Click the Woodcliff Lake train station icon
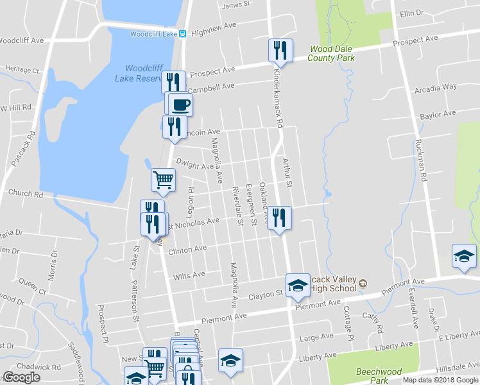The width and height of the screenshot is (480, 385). click(183, 33)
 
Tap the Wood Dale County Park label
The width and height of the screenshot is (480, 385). click(331, 53)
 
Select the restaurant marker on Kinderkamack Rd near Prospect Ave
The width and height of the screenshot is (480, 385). click(280, 50)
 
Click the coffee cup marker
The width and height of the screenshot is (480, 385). click(179, 103)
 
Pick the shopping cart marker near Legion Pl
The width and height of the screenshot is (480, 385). click(163, 180)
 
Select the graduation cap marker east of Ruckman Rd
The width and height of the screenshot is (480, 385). click(464, 256)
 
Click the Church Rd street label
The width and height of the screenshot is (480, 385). click(26, 193)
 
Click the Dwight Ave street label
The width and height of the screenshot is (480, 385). click(194, 166)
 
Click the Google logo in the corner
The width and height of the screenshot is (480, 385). click(21, 377)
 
